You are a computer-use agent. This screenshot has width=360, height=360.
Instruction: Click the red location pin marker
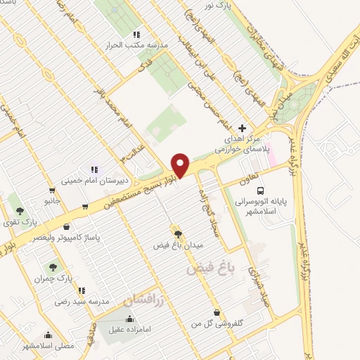coord(181,165)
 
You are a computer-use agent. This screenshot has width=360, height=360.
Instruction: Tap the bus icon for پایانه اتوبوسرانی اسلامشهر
coord(261,190)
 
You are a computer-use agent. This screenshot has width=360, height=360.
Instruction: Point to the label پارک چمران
coord(49,279)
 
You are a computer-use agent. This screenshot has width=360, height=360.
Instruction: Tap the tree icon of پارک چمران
coord(52,267)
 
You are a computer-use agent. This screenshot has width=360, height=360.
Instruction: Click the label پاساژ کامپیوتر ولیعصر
coord(67,238)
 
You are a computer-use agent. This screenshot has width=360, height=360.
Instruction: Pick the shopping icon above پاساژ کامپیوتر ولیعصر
coord(66,226)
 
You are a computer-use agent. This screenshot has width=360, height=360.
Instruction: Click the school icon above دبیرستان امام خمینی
coord(94,169)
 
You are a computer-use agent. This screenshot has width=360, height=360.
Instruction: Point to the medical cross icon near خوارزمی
coord(243,128)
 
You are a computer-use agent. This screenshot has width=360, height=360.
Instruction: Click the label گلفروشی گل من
coord(217,323)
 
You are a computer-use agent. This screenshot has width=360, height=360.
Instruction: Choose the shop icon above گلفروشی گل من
coord(216,311)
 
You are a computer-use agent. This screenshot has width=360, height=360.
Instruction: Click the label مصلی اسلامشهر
coord(48,347)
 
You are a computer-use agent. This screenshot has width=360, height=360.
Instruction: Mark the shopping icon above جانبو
coord(51,190)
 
